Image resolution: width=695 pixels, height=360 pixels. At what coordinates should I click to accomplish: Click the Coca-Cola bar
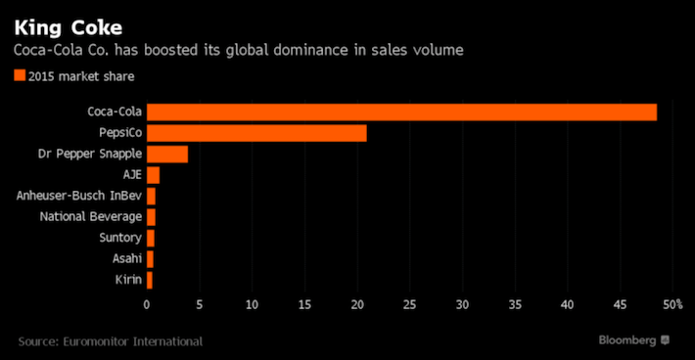point(401,112)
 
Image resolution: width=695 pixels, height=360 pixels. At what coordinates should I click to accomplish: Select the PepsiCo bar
point(256,133)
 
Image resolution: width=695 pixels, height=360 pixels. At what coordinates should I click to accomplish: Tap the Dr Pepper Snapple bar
point(166,154)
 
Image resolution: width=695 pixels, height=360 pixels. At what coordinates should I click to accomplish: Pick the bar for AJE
point(153,175)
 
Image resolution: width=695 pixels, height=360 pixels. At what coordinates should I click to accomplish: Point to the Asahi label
point(125,259)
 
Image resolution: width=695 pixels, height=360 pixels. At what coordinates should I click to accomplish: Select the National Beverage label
point(90,217)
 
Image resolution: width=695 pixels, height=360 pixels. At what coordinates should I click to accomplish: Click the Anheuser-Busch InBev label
point(79,196)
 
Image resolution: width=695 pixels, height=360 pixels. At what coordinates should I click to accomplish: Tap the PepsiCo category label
point(118,133)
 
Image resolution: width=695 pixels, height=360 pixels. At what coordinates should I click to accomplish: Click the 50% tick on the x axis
point(672,305)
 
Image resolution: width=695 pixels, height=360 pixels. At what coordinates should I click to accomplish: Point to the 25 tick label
point(409,305)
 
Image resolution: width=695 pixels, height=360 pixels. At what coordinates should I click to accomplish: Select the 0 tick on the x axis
point(147,305)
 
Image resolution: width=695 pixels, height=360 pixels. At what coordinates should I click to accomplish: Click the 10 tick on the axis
point(252,305)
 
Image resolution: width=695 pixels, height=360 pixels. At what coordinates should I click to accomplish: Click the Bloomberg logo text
point(627,339)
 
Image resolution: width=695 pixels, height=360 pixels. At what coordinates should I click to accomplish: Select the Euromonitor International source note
point(111,340)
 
